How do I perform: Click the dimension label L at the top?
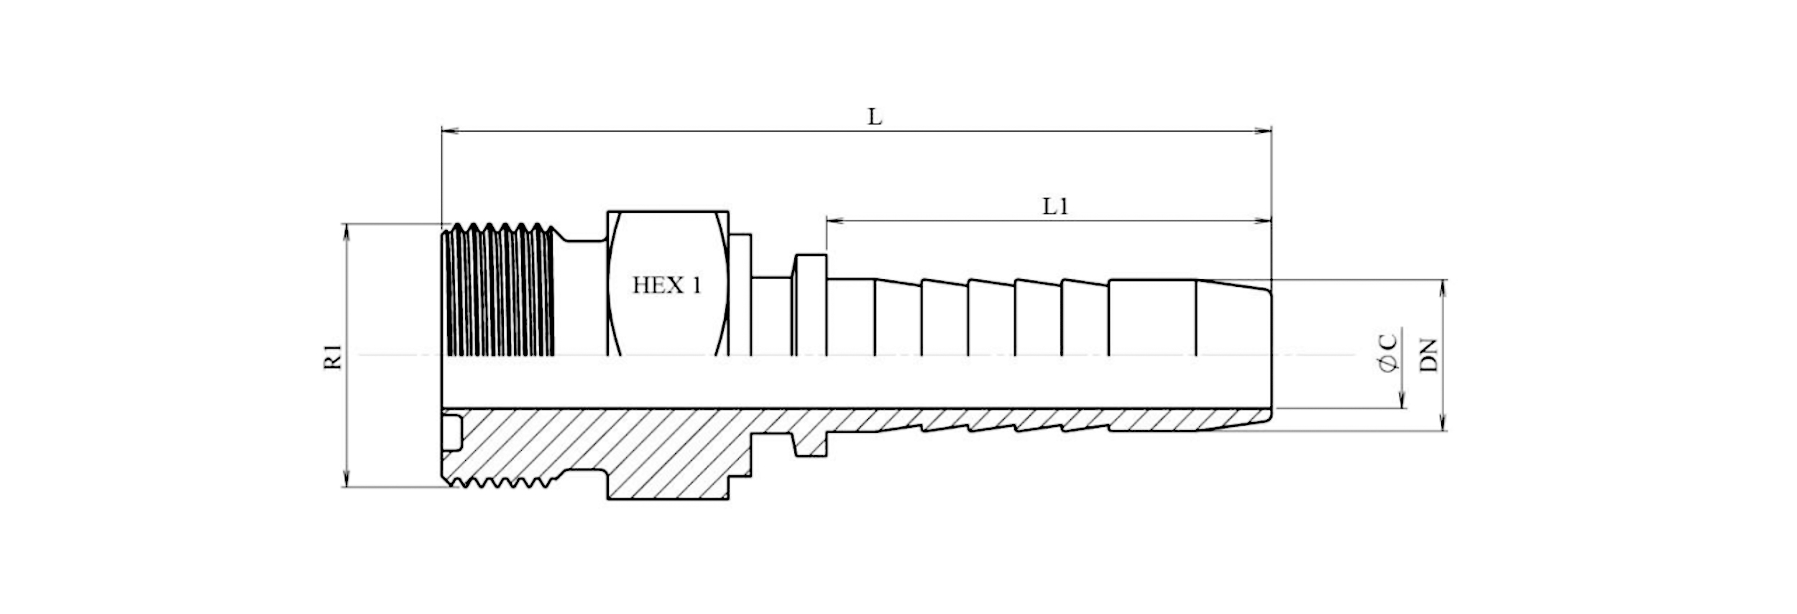tap(874, 116)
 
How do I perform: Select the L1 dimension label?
tap(1056, 207)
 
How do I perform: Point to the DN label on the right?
tap(1430, 354)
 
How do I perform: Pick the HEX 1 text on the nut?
tap(666, 285)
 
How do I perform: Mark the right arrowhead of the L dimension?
tap(1262, 131)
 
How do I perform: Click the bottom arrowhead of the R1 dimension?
tap(347, 478)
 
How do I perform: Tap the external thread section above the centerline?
tap(500, 290)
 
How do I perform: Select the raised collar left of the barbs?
tap(810, 305)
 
